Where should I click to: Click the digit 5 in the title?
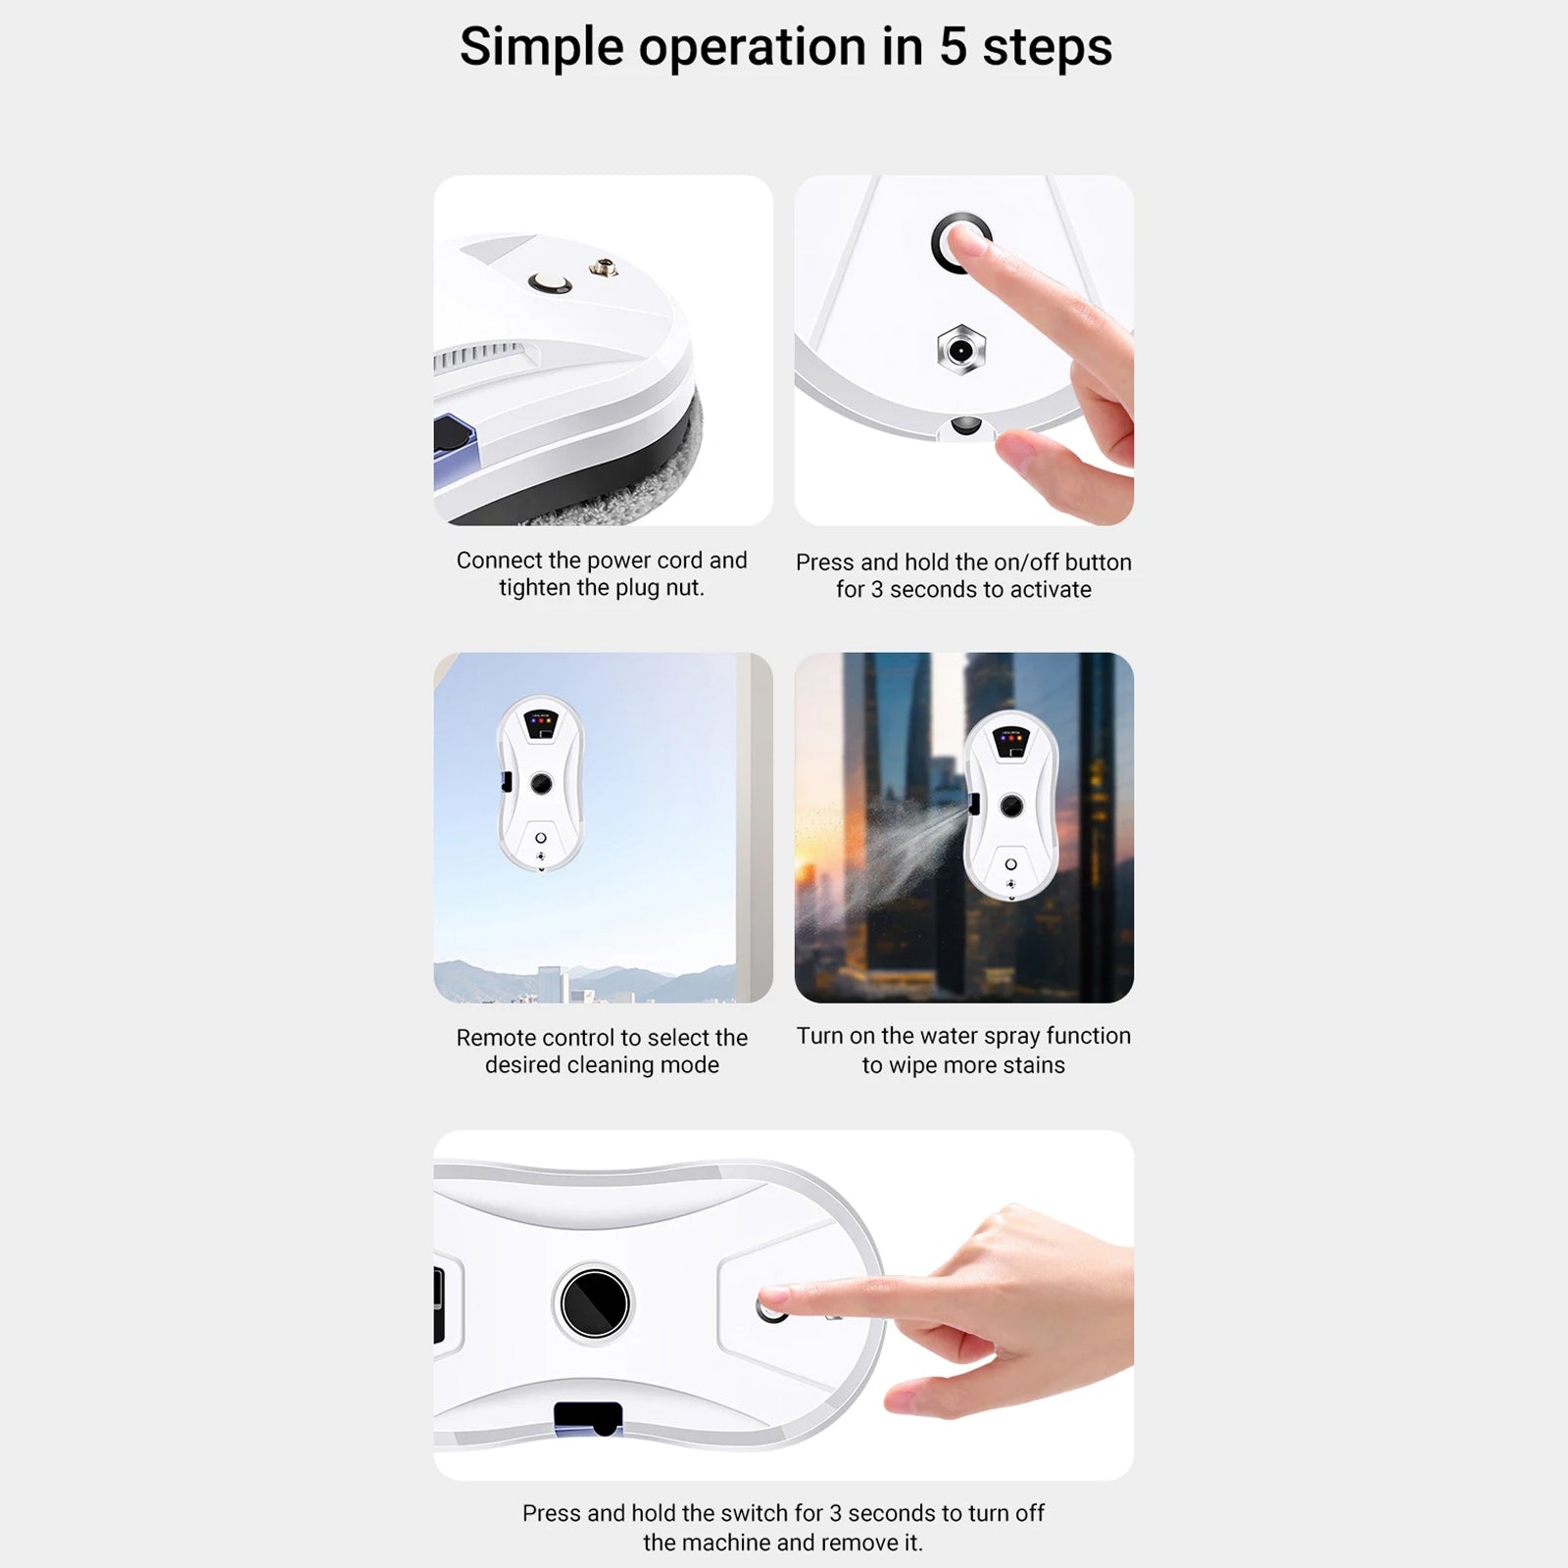(x=953, y=47)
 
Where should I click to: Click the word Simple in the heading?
(x=541, y=47)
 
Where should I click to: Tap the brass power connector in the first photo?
(x=603, y=267)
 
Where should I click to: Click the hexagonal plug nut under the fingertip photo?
(x=960, y=350)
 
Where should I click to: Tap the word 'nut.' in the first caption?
(x=683, y=588)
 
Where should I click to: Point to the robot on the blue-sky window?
(x=541, y=784)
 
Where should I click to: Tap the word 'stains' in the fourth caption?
(x=1033, y=1065)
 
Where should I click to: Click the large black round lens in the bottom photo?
(x=595, y=1302)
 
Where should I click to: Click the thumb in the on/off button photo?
(x=1039, y=461)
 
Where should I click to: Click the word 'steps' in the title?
(x=1048, y=47)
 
